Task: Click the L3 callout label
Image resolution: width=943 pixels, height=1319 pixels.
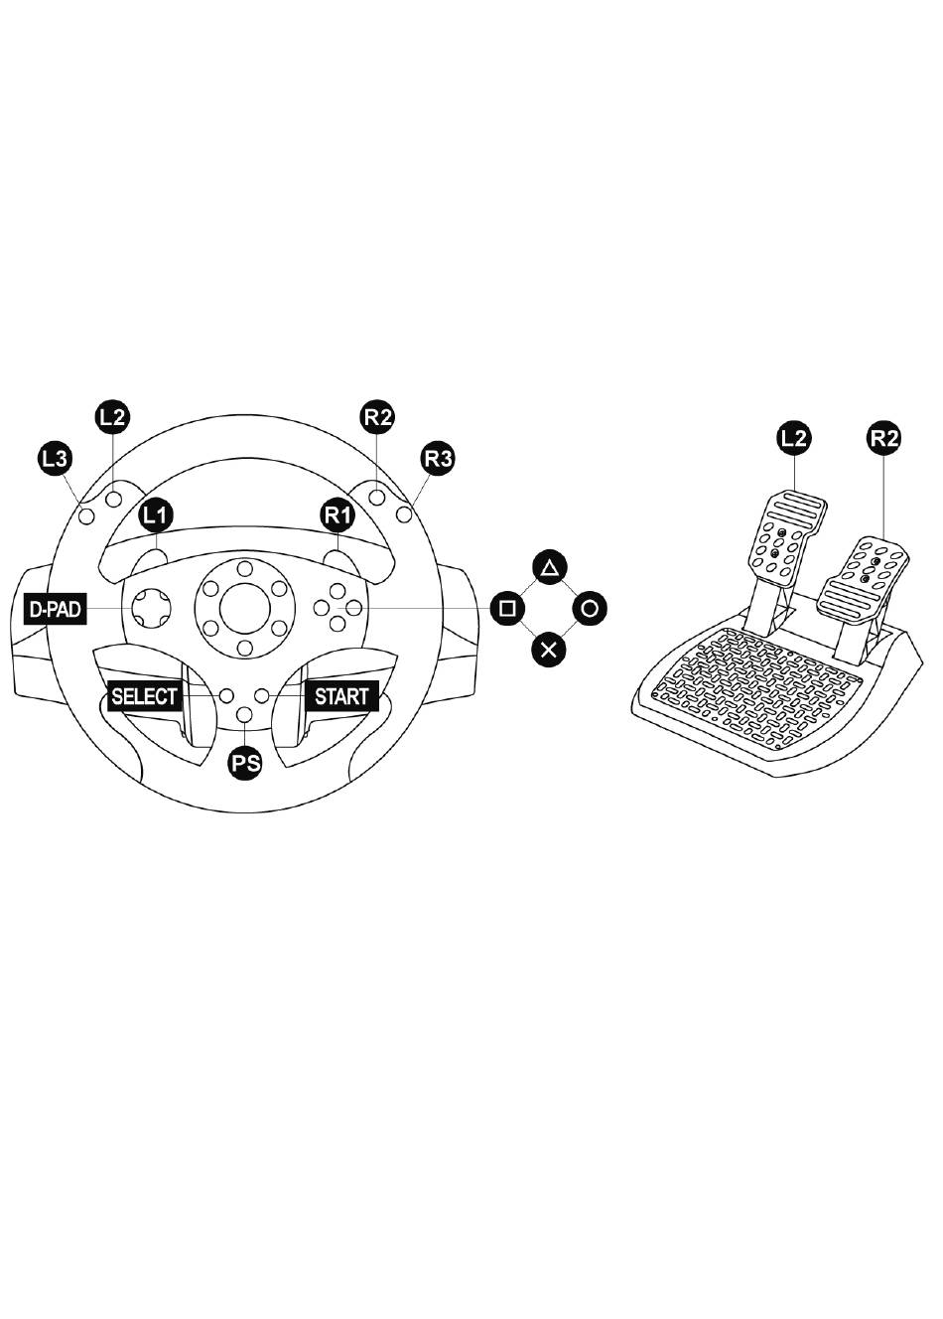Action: (x=56, y=458)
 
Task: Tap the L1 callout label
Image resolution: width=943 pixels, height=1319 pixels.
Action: (x=156, y=515)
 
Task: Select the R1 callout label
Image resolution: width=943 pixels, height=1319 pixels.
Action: (x=337, y=515)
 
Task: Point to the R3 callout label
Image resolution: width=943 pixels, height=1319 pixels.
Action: (x=438, y=458)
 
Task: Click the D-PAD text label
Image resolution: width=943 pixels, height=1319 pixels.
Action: (x=55, y=609)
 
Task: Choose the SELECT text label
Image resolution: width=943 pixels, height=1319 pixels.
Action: (x=144, y=696)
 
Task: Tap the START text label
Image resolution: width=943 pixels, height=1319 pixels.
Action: (x=341, y=696)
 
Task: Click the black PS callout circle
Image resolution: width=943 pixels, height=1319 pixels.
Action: (x=245, y=763)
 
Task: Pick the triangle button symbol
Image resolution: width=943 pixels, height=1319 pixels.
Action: (x=549, y=568)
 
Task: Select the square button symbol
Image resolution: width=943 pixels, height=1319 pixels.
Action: (x=507, y=609)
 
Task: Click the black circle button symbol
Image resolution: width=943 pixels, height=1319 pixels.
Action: (x=590, y=609)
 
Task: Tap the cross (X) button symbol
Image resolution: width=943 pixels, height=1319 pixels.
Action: (x=549, y=651)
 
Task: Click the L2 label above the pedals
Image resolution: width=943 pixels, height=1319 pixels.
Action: (x=793, y=438)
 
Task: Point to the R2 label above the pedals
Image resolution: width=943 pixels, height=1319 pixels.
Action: (x=884, y=438)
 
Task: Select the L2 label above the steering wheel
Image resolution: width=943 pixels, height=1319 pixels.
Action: (x=112, y=417)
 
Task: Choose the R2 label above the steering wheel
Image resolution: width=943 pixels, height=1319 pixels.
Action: (x=378, y=417)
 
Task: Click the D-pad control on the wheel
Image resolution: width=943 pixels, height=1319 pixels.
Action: (x=153, y=608)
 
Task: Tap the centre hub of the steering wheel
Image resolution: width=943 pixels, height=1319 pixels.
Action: (x=245, y=609)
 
